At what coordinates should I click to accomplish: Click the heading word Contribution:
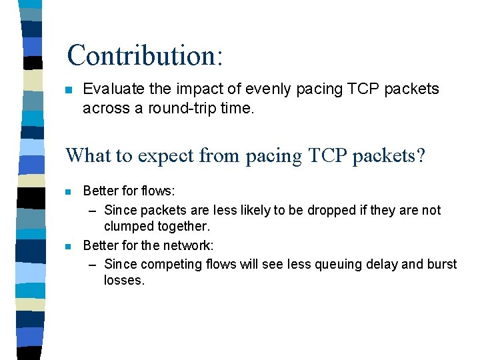point(145,55)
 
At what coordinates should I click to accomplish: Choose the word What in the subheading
point(89,156)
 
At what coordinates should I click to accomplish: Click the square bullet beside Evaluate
point(68,90)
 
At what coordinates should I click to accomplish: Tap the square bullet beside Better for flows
point(68,192)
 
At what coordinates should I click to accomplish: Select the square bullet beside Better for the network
point(68,246)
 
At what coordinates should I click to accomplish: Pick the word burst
point(441,264)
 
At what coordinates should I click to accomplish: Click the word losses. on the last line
point(124,281)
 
